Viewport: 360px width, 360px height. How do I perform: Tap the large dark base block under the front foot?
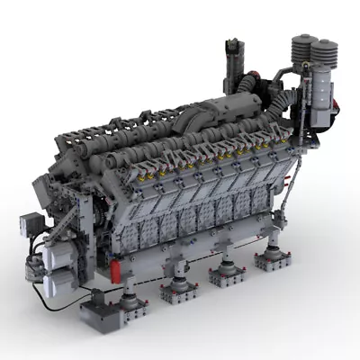pyautogui.click(x=103, y=313)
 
